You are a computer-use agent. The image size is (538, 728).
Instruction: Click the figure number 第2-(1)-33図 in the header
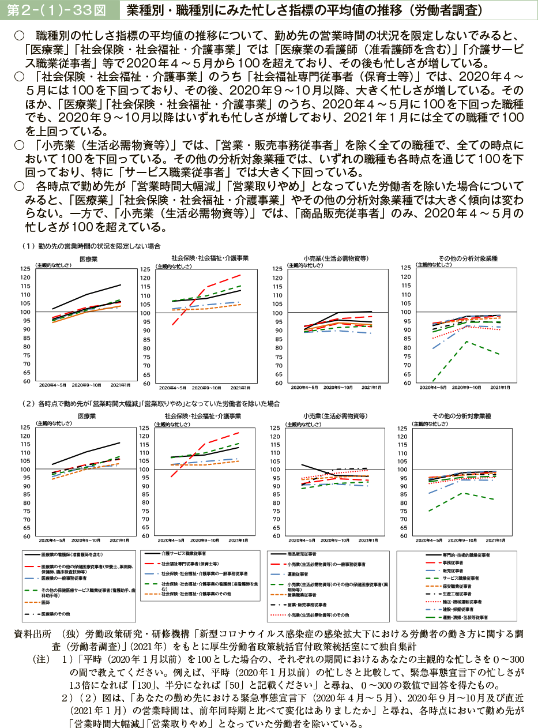[x=56, y=10]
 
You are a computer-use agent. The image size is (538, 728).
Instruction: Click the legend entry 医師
[x=47, y=602]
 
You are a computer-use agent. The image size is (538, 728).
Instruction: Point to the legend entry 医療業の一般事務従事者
[x=63, y=577]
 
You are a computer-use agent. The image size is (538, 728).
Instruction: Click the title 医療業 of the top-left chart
[x=88, y=259]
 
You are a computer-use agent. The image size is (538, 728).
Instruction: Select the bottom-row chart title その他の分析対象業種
[x=468, y=415]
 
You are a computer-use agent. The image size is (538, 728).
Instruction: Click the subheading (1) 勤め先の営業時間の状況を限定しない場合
[x=91, y=246]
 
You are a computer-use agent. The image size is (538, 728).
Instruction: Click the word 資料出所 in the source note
[x=32, y=634]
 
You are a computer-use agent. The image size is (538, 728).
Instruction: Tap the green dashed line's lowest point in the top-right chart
[x=432, y=381]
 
